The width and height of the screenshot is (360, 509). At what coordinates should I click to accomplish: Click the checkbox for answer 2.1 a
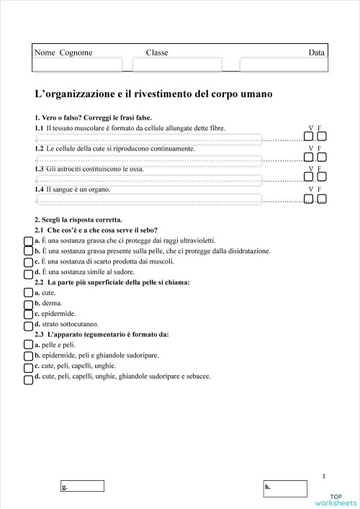pyautogui.click(x=28, y=240)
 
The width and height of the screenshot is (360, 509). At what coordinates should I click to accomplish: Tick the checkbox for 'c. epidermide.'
pyautogui.click(x=28, y=314)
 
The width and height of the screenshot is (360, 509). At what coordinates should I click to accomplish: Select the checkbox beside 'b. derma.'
pyautogui.click(x=28, y=304)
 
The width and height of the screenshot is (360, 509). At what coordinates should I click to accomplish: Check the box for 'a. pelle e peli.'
pyautogui.click(x=28, y=346)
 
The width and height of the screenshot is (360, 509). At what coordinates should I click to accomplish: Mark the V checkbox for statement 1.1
pyautogui.click(x=309, y=136)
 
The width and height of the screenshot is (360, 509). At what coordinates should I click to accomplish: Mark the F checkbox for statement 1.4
pyautogui.click(x=321, y=199)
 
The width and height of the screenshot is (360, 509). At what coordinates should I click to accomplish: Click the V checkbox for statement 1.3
pyautogui.click(x=309, y=177)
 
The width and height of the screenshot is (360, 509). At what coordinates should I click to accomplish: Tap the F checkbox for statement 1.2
pyautogui.click(x=321, y=157)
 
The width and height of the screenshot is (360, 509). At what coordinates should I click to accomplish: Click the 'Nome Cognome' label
pyautogui.click(x=63, y=53)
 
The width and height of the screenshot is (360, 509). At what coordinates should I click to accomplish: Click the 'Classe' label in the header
pyautogui.click(x=157, y=53)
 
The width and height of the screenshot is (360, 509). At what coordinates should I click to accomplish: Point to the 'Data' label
pyautogui.click(x=316, y=53)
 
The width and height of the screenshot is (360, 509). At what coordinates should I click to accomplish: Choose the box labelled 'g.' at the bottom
pyautogui.click(x=83, y=486)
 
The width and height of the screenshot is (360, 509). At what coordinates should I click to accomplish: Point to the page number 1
pyautogui.click(x=324, y=476)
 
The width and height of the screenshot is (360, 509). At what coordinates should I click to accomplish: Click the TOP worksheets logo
pyautogui.click(x=336, y=500)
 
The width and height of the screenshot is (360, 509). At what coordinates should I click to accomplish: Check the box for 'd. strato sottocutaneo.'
pyautogui.click(x=28, y=325)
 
